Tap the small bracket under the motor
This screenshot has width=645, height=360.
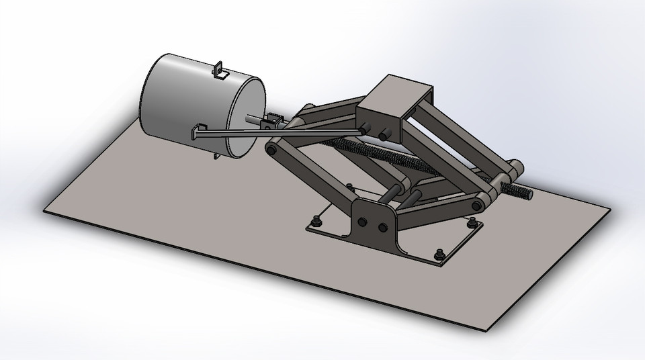pos(215,157)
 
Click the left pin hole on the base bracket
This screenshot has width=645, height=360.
pos(363,222)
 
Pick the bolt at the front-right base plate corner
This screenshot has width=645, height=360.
pos(440,254)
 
